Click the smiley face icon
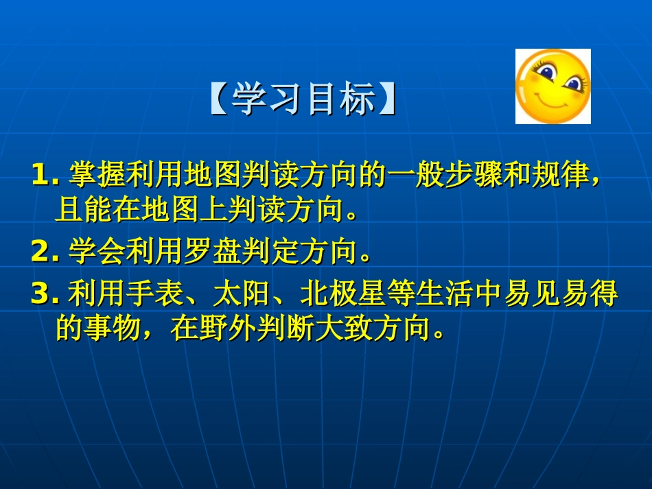click(x=552, y=86)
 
